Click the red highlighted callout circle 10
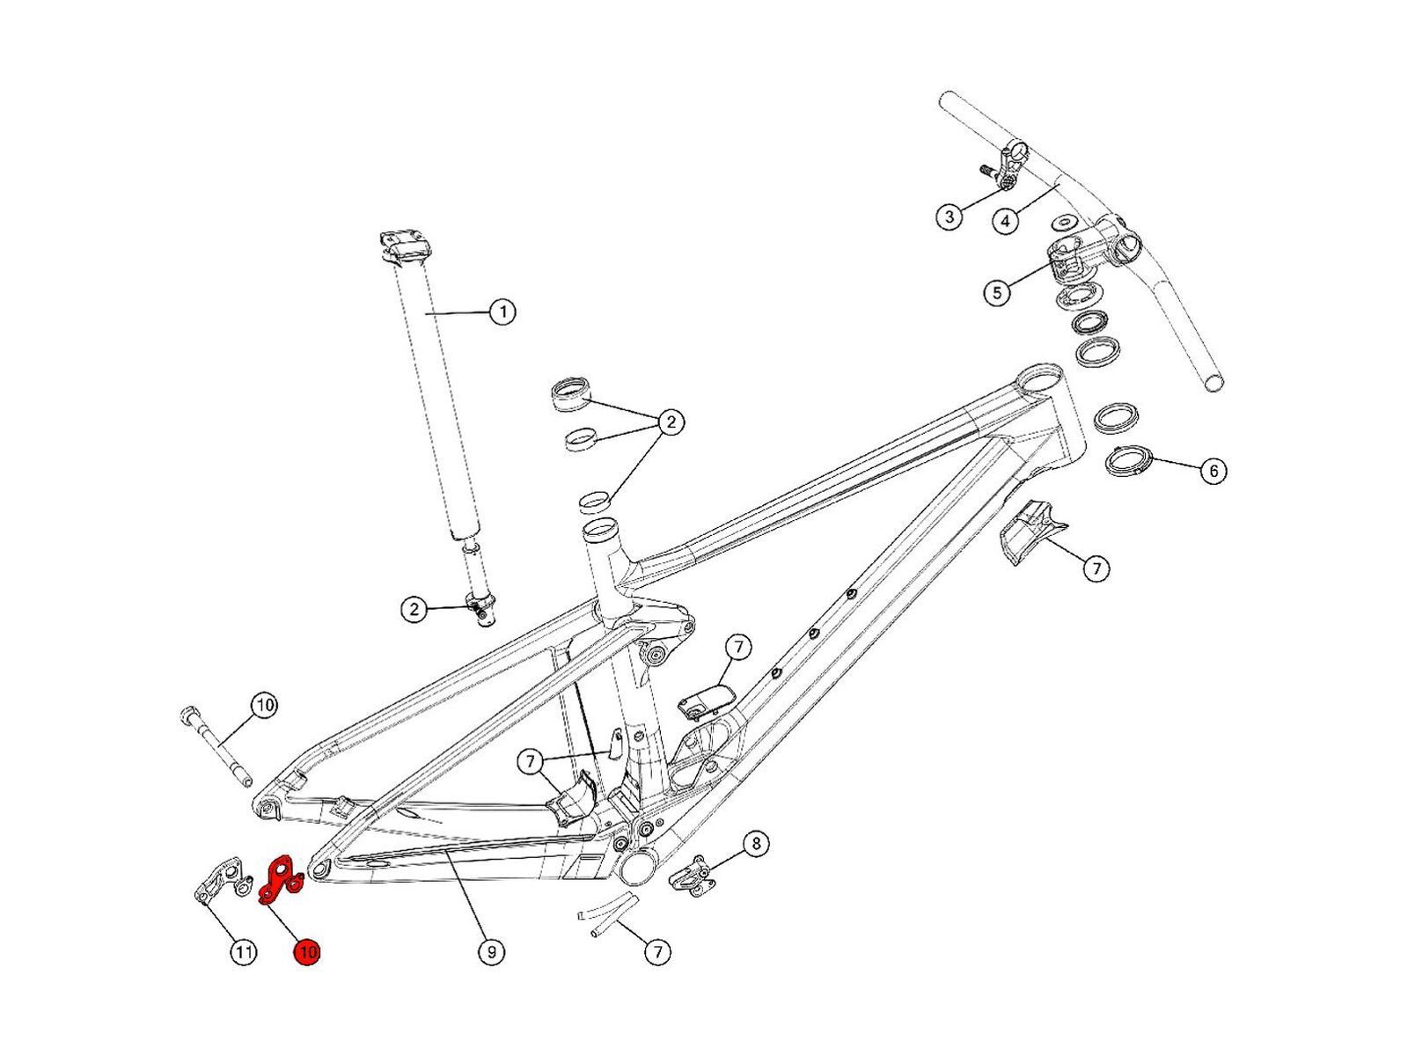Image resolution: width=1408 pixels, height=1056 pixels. coord(307,951)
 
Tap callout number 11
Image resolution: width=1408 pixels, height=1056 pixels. coord(243,951)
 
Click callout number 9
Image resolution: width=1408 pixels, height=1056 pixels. coord(491,951)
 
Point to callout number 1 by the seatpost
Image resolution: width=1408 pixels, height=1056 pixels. coord(502,312)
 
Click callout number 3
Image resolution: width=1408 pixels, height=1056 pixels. coord(949,216)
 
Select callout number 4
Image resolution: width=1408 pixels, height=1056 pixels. coord(1007,220)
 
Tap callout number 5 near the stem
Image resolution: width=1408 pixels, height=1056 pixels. coord(996,291)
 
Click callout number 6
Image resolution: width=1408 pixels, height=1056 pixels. coord(1214,471)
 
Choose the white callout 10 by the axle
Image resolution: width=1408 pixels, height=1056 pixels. coord(264,705)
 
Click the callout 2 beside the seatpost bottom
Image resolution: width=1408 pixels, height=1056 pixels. coord(414,609)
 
